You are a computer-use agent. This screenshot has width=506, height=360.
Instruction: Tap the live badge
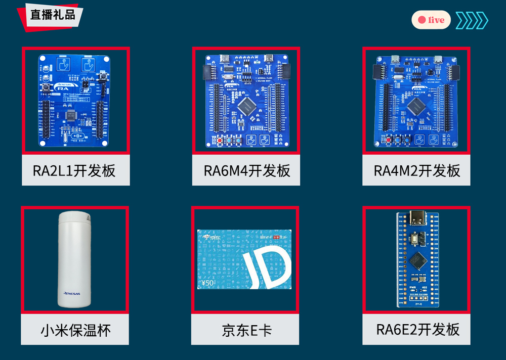point(431,20)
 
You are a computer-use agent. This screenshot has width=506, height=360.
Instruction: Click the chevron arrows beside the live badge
point(472,20)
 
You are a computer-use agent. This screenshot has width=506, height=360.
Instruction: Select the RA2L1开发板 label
point(74,170)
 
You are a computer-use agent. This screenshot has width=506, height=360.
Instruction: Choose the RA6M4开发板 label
point(247,170)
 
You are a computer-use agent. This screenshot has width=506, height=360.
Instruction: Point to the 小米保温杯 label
point(75,331)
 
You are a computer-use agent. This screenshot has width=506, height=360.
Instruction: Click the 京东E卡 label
point(247,331)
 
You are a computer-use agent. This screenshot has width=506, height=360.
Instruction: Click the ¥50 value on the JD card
point(208,283)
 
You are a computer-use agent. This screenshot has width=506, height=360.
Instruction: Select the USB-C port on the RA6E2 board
point(418,218)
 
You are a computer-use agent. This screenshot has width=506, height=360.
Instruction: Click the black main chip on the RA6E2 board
point(418,260)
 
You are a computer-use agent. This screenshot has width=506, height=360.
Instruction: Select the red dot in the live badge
point(421,20)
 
